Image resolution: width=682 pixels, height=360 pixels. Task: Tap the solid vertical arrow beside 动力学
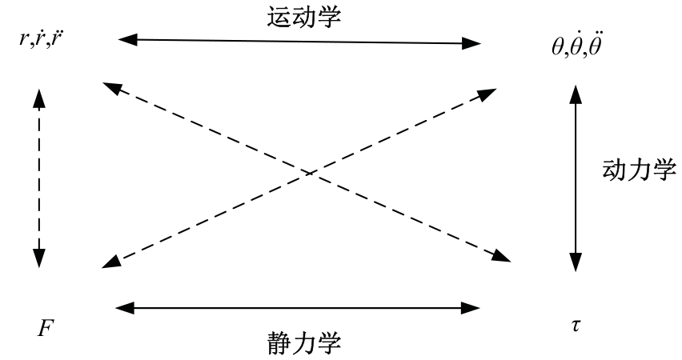(575, 179)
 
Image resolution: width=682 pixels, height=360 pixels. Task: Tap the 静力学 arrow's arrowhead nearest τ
(473, 306)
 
